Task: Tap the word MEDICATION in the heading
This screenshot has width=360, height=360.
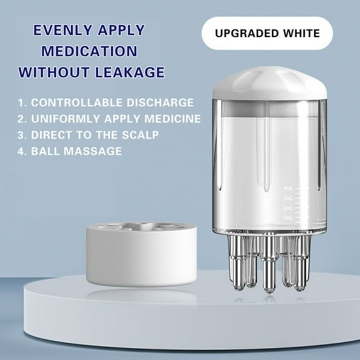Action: pyautogui.click(x=89, y=51)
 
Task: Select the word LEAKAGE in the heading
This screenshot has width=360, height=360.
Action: pyautogui.click(x=129, y=72)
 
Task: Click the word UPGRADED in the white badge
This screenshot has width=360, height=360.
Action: pyautogui.click(x=246, y=33)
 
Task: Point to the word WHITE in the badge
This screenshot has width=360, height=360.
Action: pyautogui.click(x=301, y=33)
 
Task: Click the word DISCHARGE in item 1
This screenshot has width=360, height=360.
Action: pyautogui.click(x=160, y=102)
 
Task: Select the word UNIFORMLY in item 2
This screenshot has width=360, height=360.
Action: pyautogui.click(x=66, y=119)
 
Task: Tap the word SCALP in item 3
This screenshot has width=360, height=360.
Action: pyautogui.click(x=140, y=135)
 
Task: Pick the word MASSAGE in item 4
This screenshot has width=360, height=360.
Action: pyautogui.click(x=92, y=151)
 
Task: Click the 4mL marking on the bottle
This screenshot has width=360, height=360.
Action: pyautogui.click(x=288, y=188)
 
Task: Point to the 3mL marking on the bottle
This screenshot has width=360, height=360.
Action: pyautogui.click(x=288, y=198)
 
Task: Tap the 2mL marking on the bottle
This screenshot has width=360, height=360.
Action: pyautogui.click(x=288, y=208)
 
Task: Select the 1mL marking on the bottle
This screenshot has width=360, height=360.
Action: pyautogui.click(x=288, y=218)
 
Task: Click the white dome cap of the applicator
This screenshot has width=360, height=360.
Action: pyautogui.click(x=270, y=84)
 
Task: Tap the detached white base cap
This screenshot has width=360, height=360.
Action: pyautogui.click(x=141, y=254)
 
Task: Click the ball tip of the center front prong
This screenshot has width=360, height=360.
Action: pyautogui.click(x=269, y=289)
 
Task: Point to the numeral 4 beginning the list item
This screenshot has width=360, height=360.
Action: pyautogui.click(x=21, y=151)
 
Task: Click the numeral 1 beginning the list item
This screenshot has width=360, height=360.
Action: pyautogui.click(x=21, y=102)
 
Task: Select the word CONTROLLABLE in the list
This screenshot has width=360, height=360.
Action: pyautogui.click(x=77, y=102)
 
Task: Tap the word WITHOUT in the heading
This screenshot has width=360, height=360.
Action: pyautogui.click(x=54, y=72)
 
